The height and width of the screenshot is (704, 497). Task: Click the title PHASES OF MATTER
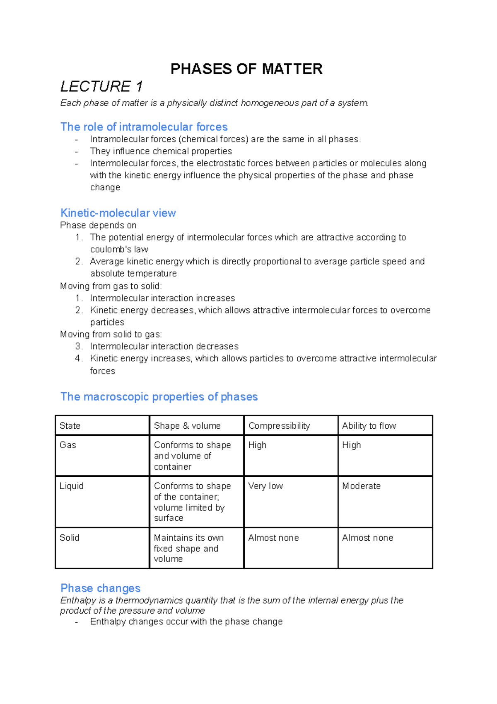click(246, 69)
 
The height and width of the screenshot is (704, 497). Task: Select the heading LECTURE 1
click(101, 86)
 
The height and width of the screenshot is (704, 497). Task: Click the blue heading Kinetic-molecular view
click(118, 213)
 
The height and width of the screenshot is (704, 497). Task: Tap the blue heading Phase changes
click(100, 588)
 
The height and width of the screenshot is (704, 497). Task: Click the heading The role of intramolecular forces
click(144, 126)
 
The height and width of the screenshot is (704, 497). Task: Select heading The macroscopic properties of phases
click(159, 396)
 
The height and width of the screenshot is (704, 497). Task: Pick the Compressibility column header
click(279, 426)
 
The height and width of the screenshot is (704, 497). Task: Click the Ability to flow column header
click(369, 426)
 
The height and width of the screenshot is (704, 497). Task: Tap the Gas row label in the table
click(68, 445)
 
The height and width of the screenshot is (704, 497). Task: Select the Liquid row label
click(71, 486)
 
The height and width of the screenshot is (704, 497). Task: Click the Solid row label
click(69, 538)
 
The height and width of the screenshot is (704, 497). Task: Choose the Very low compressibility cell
click(265, 486)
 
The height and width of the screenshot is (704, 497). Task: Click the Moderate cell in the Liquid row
click(361, 486)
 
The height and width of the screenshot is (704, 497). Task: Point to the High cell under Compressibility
click(257, 445)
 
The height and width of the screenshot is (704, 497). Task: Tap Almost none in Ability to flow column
click(367, 538)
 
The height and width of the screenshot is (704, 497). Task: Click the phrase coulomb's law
click(119, 249)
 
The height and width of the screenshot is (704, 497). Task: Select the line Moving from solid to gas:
click(111, 334)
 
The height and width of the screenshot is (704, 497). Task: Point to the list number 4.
click(79, 358)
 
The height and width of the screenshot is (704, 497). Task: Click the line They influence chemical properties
click(161, 151)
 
